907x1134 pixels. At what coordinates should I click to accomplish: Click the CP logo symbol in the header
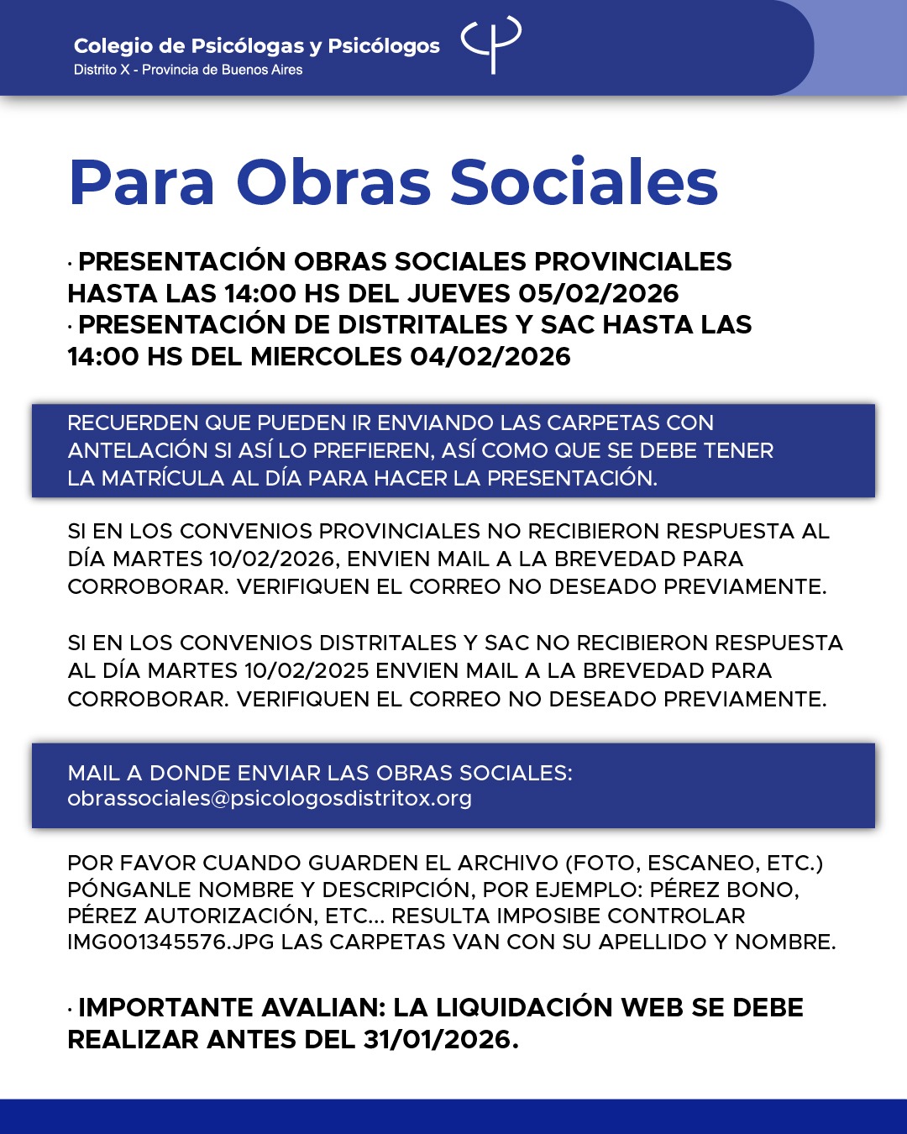pos(492,44)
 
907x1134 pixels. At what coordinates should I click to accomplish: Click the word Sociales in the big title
pos(585,182)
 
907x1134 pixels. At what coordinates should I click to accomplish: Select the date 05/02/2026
pos(598,293)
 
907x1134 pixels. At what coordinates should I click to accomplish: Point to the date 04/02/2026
pos(490,356)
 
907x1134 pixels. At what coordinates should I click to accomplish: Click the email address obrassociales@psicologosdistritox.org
pos(270,798)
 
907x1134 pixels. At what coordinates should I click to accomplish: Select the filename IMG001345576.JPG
pos(170,942)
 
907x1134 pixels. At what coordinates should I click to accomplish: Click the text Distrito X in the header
pos(102,70)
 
